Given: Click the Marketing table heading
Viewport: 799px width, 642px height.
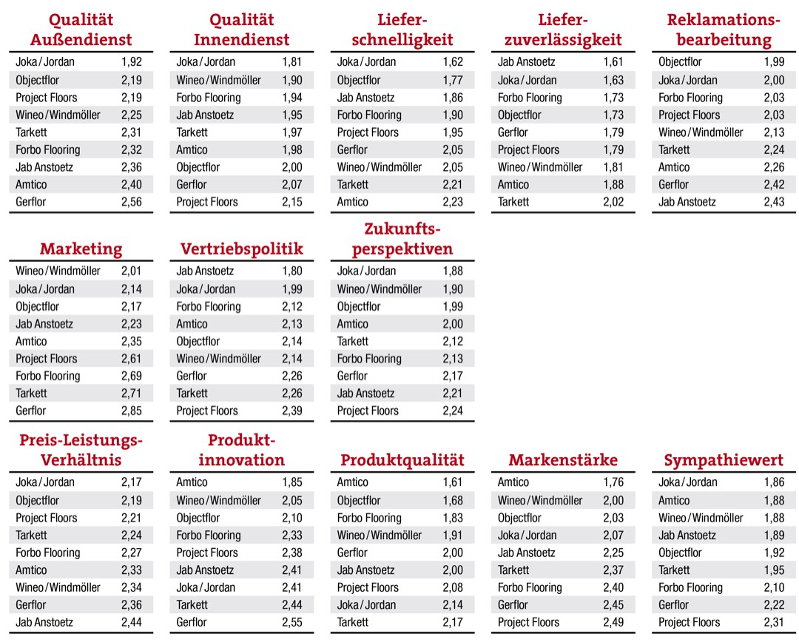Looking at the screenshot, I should coord(81,249).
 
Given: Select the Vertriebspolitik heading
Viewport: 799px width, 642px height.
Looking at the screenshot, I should coord(241,249).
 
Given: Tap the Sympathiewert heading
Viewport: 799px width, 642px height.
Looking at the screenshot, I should coord(724,460).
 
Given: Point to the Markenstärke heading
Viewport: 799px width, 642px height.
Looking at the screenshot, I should coord(563,460).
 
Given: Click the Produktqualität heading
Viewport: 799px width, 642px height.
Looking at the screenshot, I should coord(402,460).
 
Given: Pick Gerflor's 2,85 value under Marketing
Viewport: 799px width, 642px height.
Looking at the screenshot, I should coord(132,410).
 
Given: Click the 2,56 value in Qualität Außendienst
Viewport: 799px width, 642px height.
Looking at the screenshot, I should coord(132,202).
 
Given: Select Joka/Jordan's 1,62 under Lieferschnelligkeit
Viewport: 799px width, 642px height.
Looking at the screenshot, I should coord(453,62).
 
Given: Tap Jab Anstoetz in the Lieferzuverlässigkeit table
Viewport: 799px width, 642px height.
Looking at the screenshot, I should coord(526,62).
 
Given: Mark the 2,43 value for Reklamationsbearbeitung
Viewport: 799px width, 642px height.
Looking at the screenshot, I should coord(774,202).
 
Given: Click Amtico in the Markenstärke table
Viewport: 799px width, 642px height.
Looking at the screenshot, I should coord(513,482).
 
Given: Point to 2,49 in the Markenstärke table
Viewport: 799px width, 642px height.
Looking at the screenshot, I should coord(613,622).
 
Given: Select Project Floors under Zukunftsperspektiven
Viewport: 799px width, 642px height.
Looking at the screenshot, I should coord(368,410).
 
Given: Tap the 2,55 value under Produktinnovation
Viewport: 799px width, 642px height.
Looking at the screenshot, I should coord(292,622).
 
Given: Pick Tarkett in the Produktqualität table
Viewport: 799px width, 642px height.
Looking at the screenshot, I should coord(353,622).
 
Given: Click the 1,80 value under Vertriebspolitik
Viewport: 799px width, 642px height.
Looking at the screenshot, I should coord(292,271).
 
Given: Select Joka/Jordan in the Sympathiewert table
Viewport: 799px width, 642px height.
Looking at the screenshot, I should coord(688,482).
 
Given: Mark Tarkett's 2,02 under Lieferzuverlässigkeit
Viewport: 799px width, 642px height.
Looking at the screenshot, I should coord(613,202).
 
